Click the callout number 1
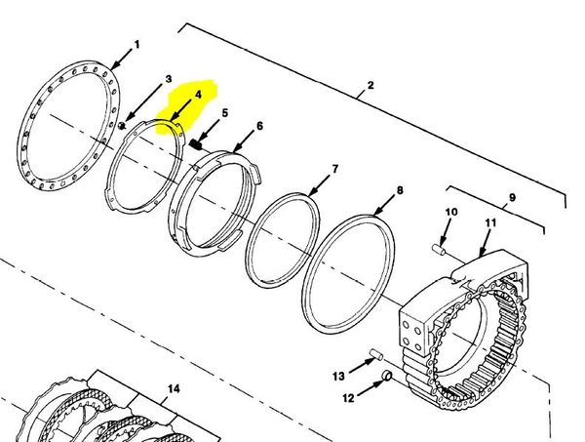(x=136, y=45)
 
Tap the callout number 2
(x=370, y=85)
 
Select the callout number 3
(x=169, y=79)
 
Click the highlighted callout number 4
(x=198, y=95)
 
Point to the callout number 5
(x=224, y=113)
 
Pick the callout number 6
(x=259, y=126)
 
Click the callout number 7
(x=334, y=169)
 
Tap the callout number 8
(x=400, y=190)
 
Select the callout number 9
(x=512, y=197)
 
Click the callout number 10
(x=451, y=212)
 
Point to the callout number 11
(x=491, y=222)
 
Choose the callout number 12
(x=348, y=398)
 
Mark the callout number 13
(x=338, y=376)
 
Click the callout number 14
(x=174, y=389)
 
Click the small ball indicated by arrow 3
(x=121, y=126)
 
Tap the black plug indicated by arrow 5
(x=196, y=144)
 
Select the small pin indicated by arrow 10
(x=439, y=249)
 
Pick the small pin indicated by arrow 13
(x=376, y=354)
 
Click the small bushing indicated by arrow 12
(x=387, y=376)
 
